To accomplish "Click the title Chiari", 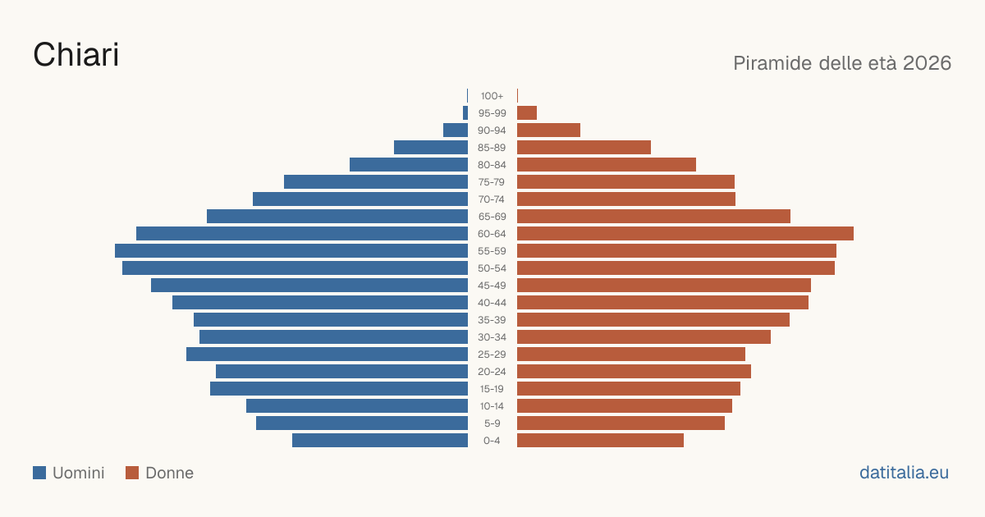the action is (76, 55).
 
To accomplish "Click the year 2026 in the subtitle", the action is (927, 63).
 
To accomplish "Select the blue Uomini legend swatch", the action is (39, 473).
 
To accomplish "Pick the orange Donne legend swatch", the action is (132, 473).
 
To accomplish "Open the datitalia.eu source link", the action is (904, 473).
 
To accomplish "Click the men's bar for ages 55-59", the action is (291, 250).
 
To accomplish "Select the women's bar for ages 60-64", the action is (685, 233).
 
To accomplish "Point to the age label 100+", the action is (492, 96).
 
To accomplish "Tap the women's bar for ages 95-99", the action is (527, 113).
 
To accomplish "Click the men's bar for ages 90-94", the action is (456, 130).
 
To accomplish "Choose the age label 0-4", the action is (492, 441).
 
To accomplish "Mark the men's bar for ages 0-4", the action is (380, 441).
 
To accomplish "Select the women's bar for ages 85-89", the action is (584, 147).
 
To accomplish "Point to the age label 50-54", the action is (492, 268).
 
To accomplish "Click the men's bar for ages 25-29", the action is (328, 355).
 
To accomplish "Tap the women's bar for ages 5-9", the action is (621, 423).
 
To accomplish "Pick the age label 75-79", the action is (492, 182).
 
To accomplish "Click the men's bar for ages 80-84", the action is (409, 165).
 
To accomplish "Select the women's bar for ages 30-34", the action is (644, 337).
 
